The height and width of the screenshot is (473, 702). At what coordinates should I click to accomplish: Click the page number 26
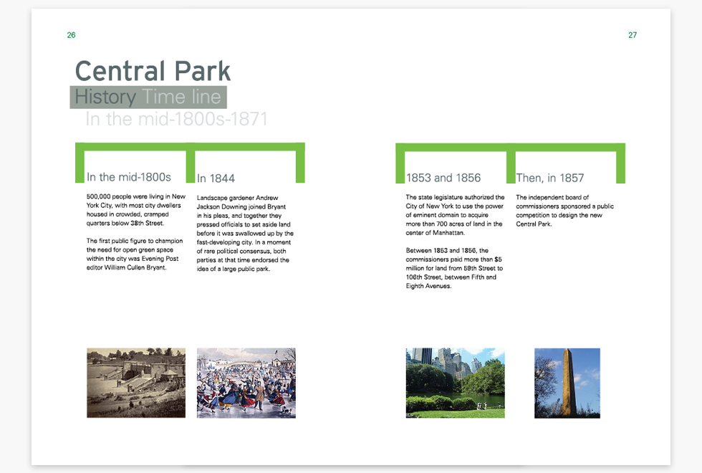71,35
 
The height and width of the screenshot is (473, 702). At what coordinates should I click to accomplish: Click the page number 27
632,35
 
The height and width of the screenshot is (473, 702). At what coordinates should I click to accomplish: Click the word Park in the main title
202,71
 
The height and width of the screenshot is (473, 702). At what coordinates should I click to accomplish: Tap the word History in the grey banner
105,97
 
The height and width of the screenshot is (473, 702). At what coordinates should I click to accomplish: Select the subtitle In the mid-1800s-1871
176,119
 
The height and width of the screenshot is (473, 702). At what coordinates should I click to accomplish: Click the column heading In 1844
216,178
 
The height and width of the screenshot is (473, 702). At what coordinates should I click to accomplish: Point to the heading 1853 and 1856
443,178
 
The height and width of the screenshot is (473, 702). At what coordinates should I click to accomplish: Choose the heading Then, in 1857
550,178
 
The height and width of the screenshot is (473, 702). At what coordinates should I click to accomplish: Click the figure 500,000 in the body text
99,196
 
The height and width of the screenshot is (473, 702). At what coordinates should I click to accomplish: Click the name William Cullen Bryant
135,267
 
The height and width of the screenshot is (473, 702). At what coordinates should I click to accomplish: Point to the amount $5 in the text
498,259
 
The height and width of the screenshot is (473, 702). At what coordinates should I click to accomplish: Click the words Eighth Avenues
428,286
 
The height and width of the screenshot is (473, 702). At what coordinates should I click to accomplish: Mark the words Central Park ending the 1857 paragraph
534,224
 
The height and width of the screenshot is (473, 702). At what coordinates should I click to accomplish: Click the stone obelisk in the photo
569,382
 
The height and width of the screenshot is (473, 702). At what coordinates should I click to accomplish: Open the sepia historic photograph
136,383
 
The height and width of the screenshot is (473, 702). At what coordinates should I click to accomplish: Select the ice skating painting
246,383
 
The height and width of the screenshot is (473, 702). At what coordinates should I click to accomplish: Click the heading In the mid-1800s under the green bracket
129,178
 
